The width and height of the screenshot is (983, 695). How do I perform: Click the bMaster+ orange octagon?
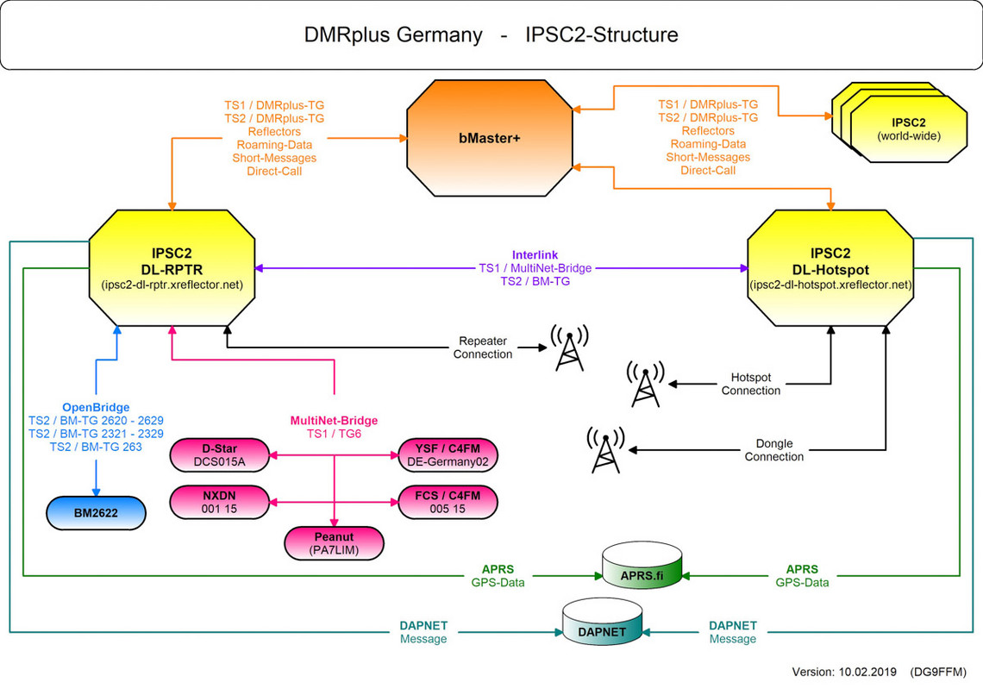pos(490,138)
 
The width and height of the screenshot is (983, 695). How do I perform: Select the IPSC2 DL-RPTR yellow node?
pos(172,268)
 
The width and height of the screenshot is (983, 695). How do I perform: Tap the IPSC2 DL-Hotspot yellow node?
pos(830,268)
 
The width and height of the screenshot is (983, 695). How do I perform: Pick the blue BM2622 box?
pos(96,513)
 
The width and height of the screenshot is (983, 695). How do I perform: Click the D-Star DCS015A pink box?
pos(219,455)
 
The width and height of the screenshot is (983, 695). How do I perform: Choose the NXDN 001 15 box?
pos(219,502)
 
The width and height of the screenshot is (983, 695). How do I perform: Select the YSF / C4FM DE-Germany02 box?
pos(448,455)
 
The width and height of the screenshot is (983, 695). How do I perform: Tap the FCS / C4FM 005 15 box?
pos(448,502)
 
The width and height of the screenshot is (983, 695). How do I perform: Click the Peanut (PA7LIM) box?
pos(335,543)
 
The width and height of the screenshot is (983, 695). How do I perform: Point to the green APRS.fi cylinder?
pos(642,566)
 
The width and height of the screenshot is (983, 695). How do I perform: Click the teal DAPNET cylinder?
pos(602,622)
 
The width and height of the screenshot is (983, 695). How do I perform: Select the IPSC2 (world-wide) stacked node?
pos(899,122)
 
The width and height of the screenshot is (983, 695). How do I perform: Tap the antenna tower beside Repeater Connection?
pos(569,347)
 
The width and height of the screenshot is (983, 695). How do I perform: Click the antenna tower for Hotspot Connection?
pos(646,384)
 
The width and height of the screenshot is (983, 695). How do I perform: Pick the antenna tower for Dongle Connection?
pos(605,450)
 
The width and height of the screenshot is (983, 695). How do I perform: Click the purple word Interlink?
pos(535,255)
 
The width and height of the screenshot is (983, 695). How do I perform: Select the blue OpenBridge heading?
pos(96,407)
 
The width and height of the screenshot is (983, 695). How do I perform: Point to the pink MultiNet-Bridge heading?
pos(335,421)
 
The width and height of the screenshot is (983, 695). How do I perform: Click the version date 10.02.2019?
pos(867,672)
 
